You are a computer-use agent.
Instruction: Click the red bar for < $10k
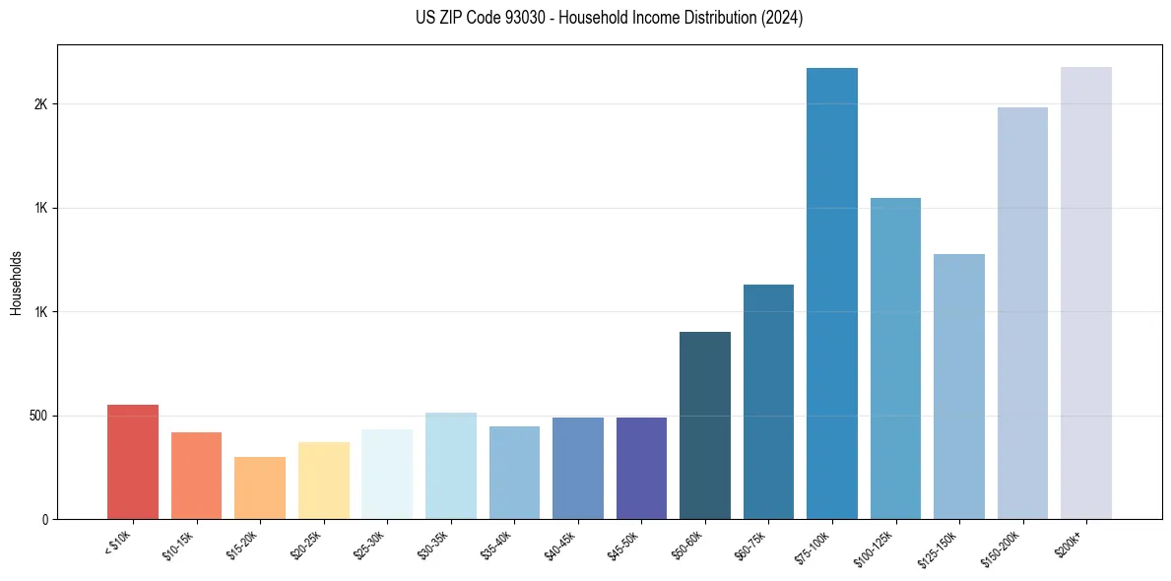click(132, 462)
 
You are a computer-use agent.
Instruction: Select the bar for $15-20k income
click(260, 487)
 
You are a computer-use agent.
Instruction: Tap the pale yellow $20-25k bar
click(324, 481)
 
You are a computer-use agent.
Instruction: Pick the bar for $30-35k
click(451, 466)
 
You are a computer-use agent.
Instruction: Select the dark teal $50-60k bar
click(705, 425)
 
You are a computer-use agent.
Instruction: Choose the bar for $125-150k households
click(959, 386)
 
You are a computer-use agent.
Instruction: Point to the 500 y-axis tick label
click(37, 416)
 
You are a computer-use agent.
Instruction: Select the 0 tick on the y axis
click(44, 519)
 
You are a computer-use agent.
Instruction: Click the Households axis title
click(16, 283)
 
